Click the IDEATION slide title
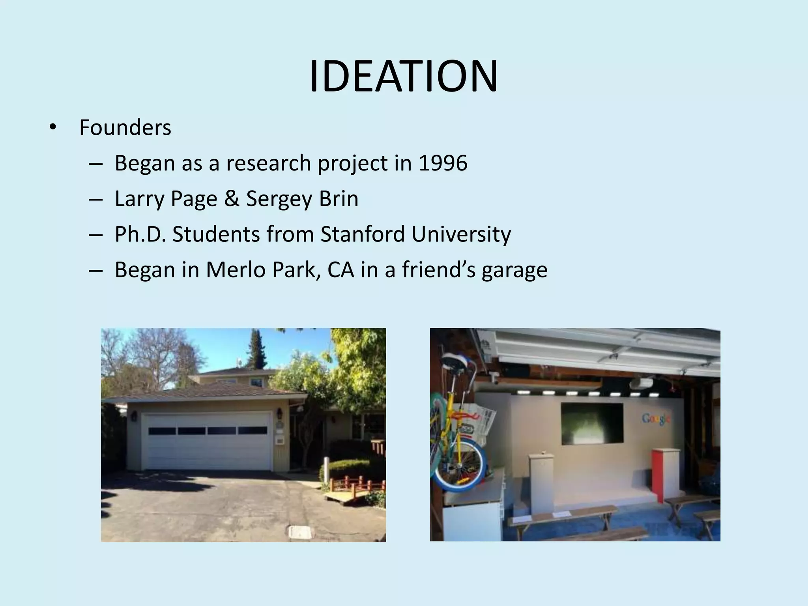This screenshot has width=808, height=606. tap(403, 77)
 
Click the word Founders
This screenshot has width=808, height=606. tap(125, 127)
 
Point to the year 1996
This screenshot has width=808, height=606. tap(443, 163)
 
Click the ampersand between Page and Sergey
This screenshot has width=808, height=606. tap(232, 198)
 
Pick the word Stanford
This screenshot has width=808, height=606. tap(363, 234)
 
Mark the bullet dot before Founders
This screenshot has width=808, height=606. tap(53, 127)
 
